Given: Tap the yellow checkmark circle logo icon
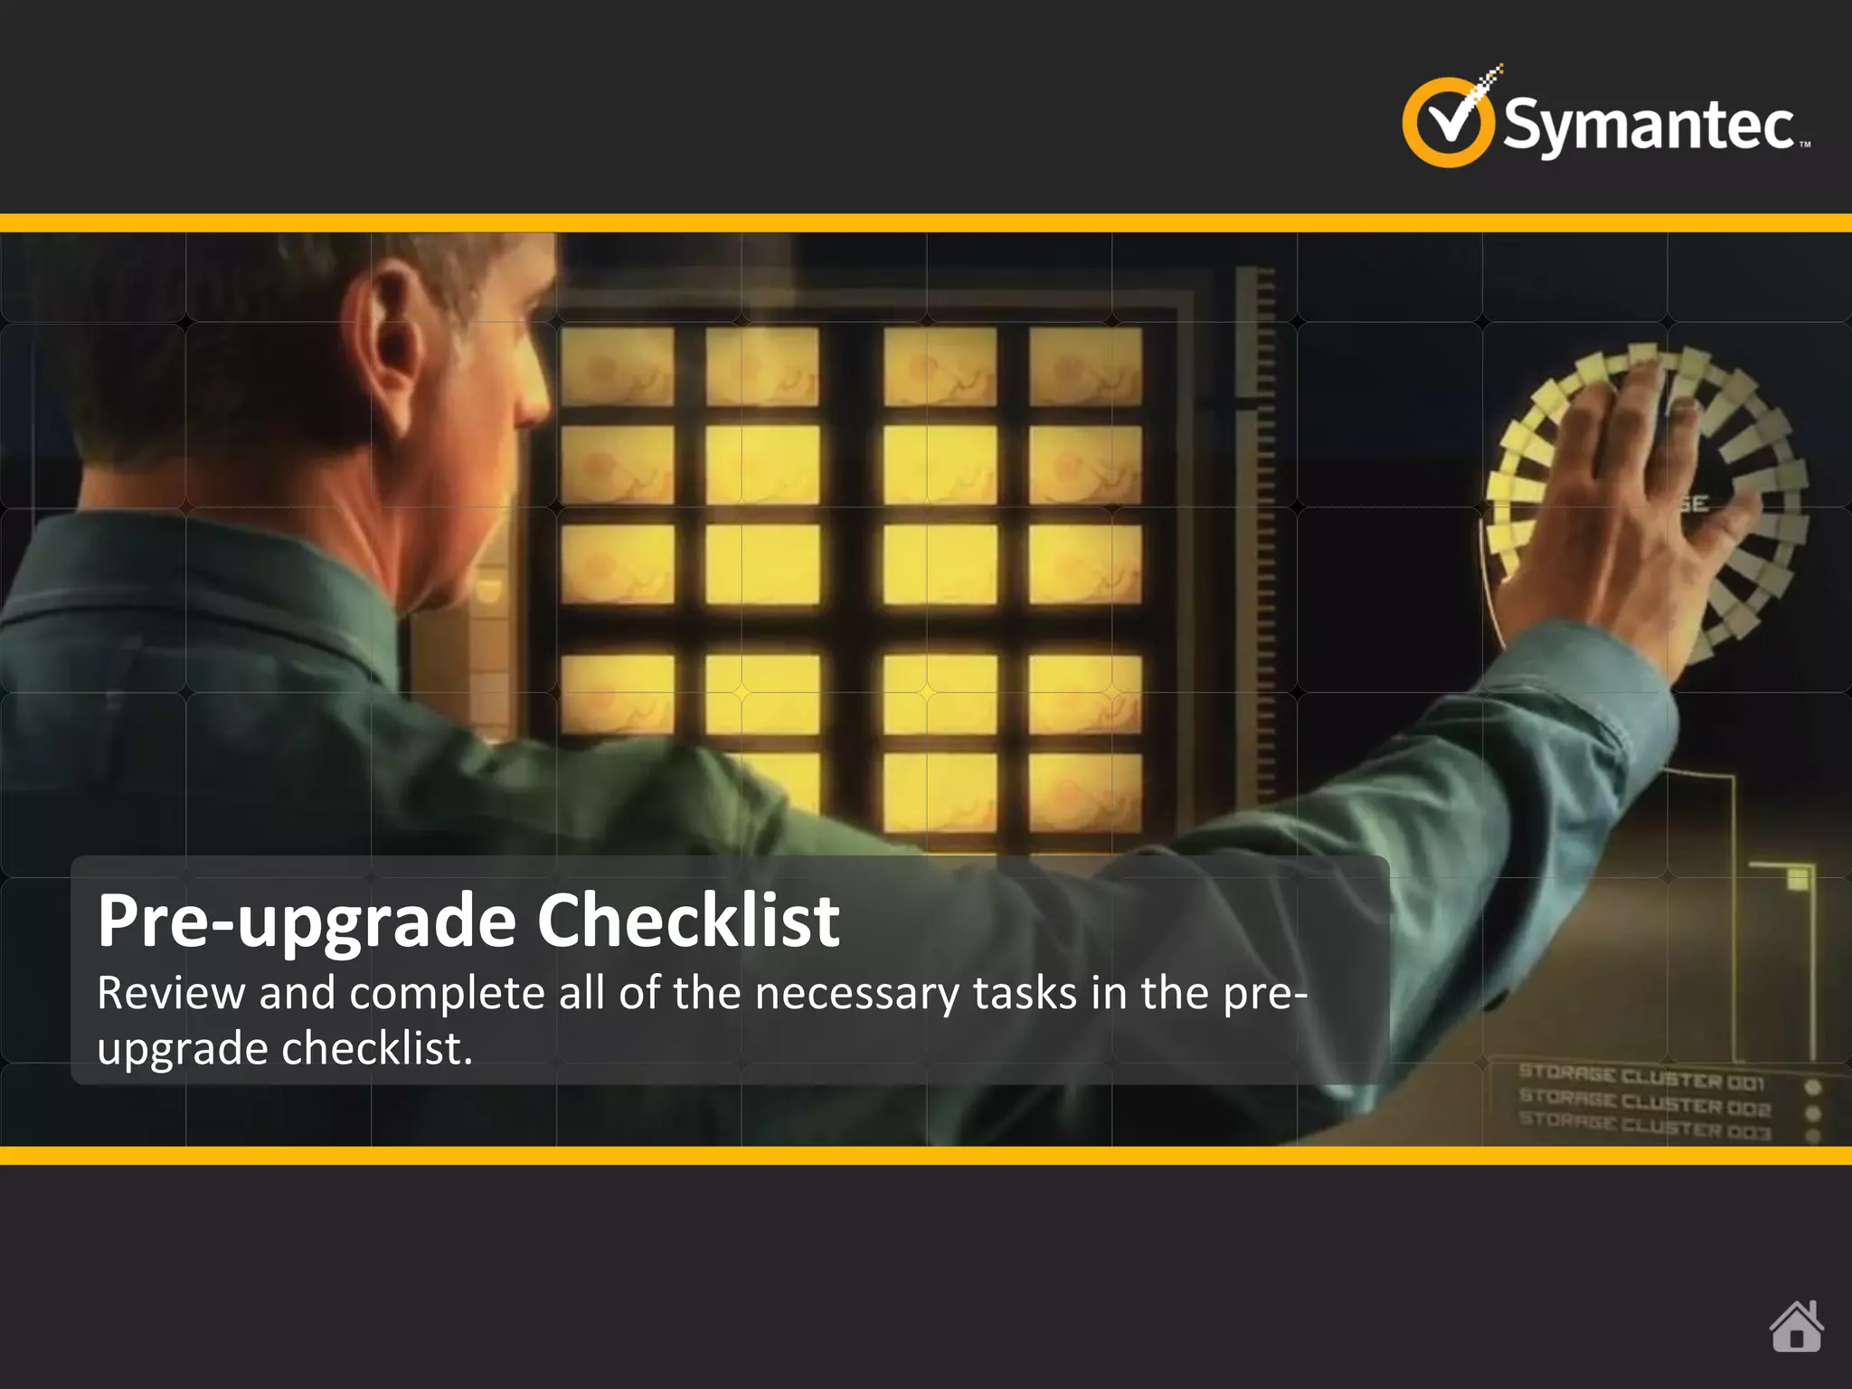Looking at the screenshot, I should click(x=1447, y=123).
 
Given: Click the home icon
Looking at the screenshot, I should click(x=1796, y=1327).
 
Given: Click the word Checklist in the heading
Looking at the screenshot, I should click(x=688, y=921).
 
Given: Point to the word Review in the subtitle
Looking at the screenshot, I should click(x=171, y=993).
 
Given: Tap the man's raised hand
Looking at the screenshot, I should click(x=1637, y=506).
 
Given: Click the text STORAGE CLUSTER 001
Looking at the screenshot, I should click(x=1640, y=1078).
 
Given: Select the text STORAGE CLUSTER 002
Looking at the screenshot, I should click(x=1643, y=1102).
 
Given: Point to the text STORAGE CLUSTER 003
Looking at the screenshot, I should click(x=1643, y=1125).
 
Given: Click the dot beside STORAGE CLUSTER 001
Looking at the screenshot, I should click(x=1812, y=1087).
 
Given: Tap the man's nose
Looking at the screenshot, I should click(x=534, y=398).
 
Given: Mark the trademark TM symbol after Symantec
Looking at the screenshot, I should click(x=1805, y=145).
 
